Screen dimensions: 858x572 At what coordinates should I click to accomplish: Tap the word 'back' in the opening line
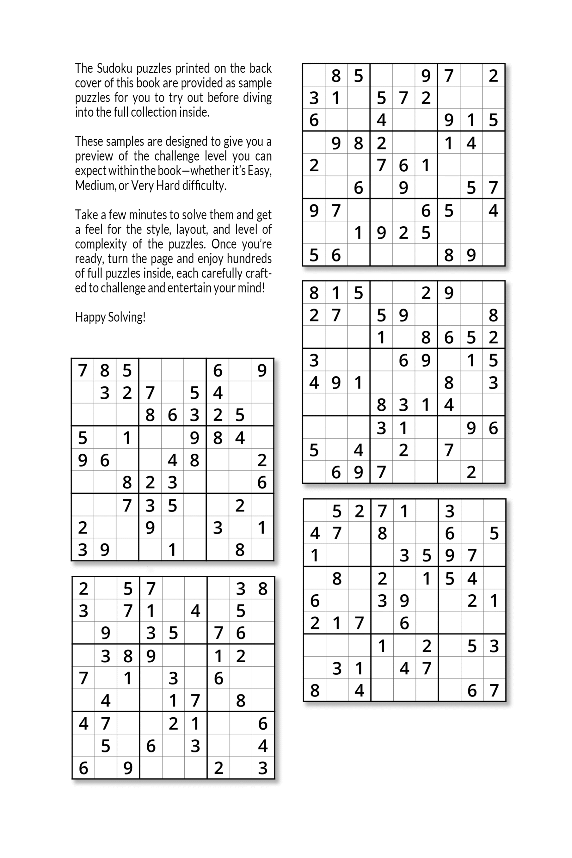pos(260,68)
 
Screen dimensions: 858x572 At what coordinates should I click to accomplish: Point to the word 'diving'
pos(258,98)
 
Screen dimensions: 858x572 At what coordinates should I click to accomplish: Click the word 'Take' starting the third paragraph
pos(84,215)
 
